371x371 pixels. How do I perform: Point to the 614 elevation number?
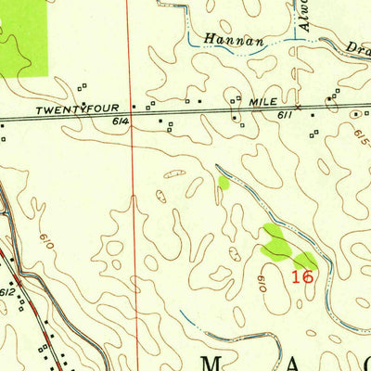pyautogui.click(x=122, y=122)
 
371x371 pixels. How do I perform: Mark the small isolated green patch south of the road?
pyautogui.click(x=223, y=184)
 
